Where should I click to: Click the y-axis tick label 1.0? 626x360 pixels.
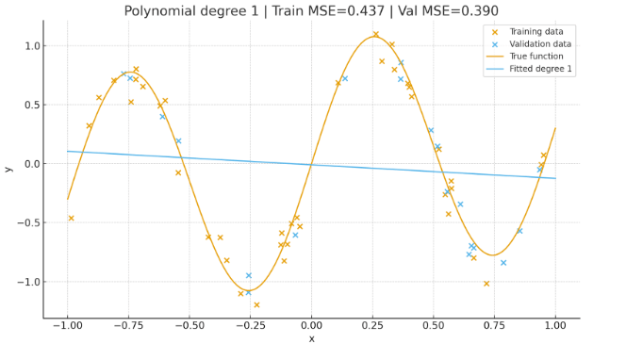[31, 46]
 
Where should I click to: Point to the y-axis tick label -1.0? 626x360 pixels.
[28, 282]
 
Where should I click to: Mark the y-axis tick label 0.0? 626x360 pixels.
[31, 164]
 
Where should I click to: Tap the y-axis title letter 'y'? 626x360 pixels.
[9, 169]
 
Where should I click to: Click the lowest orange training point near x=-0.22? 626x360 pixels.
[256, 304]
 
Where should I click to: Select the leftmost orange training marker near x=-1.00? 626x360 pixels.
[71, 218]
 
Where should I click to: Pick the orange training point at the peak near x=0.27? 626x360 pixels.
[375, 35]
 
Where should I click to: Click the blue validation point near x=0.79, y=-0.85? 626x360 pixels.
[503, 263]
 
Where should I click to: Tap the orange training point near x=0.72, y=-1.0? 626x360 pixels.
[486, 283]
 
